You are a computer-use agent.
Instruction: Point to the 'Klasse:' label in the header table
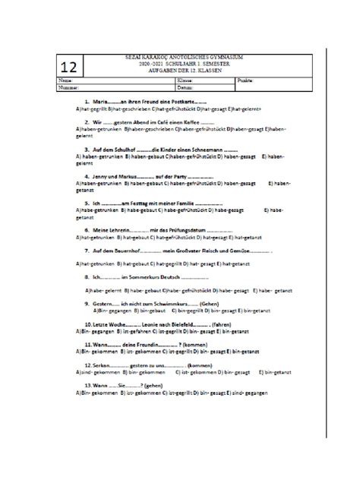click(x=185, y=80)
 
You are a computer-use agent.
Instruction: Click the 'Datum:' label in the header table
click(x=184, y=86)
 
